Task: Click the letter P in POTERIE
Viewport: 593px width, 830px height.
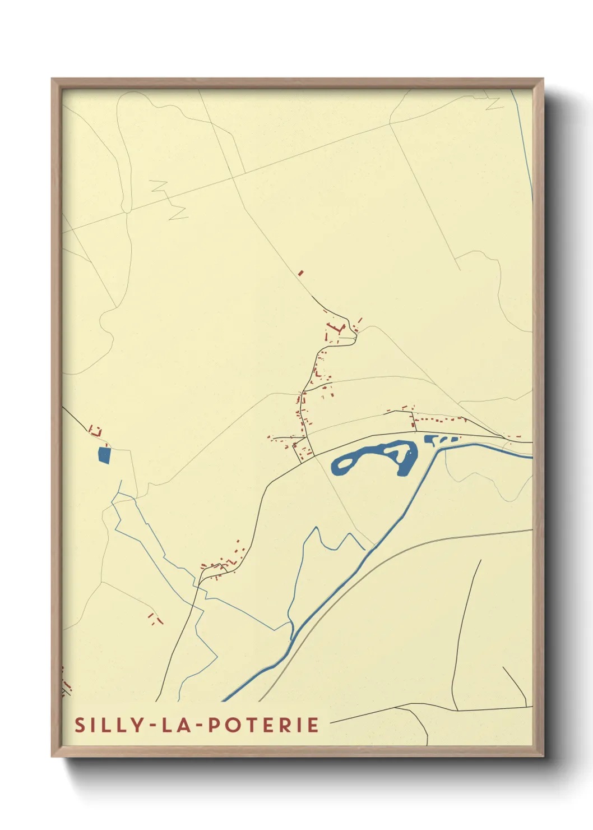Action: (214, 725)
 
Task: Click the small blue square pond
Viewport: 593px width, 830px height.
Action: (104, 455)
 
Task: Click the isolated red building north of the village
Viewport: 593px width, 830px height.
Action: (300, 273)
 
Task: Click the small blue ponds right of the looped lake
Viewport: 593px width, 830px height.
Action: (440, 440)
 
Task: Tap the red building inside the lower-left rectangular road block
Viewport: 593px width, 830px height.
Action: (296, 446)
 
